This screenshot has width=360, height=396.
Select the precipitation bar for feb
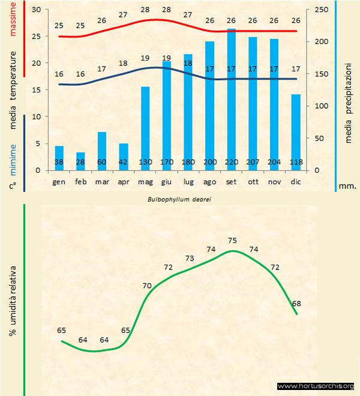[x=80, y=161]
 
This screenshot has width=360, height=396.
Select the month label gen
[x=59, y=181]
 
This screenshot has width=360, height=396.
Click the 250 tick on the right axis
[x=322, y=10]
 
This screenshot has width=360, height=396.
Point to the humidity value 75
[x=233, y=240]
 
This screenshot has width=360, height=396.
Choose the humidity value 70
[x=147, y=286]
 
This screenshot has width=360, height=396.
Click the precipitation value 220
[x=230, y=162]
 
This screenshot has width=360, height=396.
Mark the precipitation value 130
[x=145, y=162]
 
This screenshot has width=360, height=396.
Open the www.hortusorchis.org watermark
[x=316, y=386]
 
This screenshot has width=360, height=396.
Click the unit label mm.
[x=347, y=186]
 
